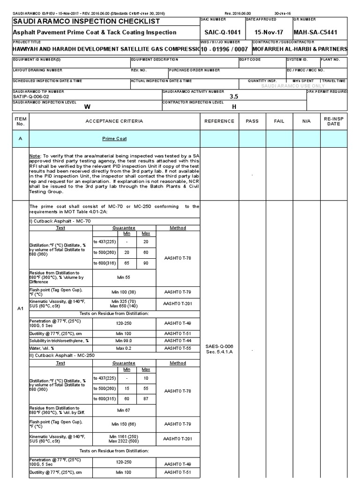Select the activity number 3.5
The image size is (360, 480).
[x=233, y=96]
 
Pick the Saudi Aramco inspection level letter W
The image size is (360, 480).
[x=86, y=106]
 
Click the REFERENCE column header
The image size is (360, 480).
[x=219, y=121]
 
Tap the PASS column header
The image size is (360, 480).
[x=252, y=121]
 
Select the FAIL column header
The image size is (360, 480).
[x=279, y=121]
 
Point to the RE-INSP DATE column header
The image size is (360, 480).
[x=334, y=121]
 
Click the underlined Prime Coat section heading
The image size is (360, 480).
[x=114, y=139]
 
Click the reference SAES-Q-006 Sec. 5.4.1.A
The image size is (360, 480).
[x=219, y=349]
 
